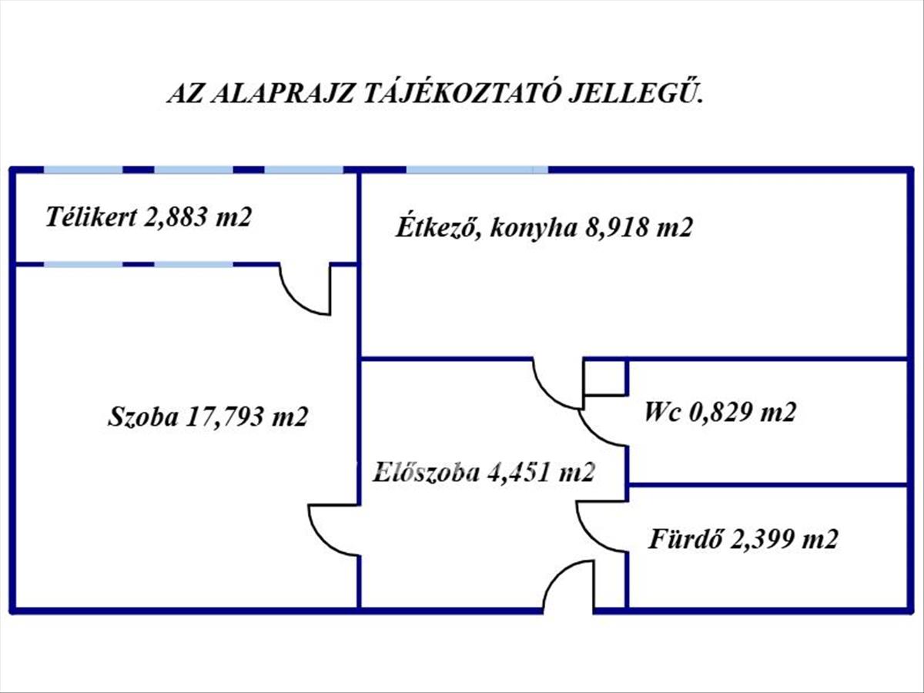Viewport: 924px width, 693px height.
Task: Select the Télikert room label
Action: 91,216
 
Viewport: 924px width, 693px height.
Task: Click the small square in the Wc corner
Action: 605,377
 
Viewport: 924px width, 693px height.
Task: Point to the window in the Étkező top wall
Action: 477,169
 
